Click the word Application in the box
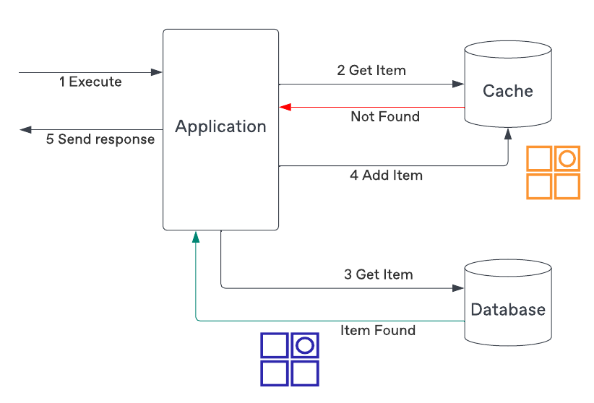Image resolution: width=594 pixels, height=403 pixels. [x=220, y=127]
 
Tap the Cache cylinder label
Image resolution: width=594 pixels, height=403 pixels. [x=507, y=91]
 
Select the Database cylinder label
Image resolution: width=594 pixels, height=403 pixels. [x=507, y=310]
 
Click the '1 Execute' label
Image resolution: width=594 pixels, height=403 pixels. [x=90, y=82]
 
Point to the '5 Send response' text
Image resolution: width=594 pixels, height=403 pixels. [x=100, y=139]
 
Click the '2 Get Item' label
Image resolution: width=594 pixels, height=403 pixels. [x=371, y=70]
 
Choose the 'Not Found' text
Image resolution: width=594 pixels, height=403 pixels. [x=384, y=116]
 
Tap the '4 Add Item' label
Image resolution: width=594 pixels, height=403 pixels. [x=386, y=175]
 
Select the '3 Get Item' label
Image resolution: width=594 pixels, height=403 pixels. [x=378, y=274]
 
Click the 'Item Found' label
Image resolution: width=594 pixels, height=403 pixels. [x=378, y=331]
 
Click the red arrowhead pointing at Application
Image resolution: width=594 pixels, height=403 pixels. [x=285, y=107]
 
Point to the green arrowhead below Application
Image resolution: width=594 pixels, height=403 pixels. [x=195, y=237]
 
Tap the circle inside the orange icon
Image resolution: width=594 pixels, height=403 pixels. [x=567, y=157]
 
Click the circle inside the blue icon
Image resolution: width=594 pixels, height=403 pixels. [x=305, y=344]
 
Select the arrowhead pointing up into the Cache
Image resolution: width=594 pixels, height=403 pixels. [x=508, y=134]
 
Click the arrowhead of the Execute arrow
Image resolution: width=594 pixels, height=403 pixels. [x=158, y=72]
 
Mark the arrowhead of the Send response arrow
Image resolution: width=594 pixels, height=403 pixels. [x=25, y=129]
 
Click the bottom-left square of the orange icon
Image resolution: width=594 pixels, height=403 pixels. [x=539, y=186]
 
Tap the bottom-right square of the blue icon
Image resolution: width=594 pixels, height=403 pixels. [x=305, y=373]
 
